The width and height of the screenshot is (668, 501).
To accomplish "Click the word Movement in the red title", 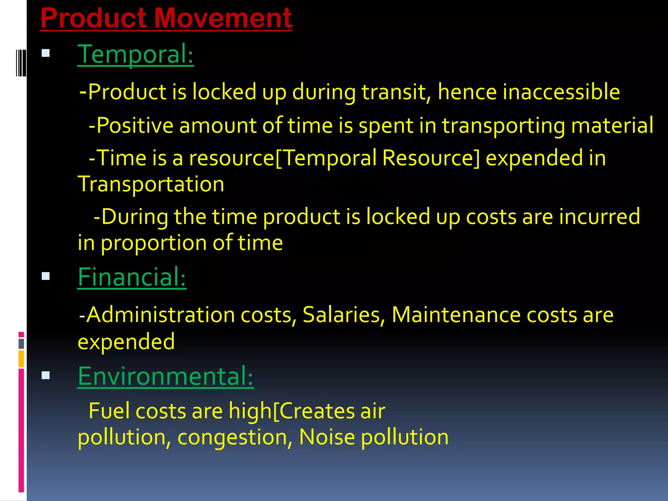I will pyautogui.click(x=223, y=18).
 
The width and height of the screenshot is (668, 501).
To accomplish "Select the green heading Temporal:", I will pyautogui.click(x=135, y=54).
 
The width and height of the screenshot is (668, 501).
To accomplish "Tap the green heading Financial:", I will pyautogui.click(x=132, y=277).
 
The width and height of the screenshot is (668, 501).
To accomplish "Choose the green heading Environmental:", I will pyautogui.click(x=165, y=376).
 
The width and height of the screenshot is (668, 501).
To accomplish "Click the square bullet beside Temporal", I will pyautogui.click(x=46, y=53).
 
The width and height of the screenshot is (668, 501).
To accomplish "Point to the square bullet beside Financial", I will pyautogui.click(x=46, y=276).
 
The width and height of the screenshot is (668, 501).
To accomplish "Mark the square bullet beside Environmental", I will pyautogui.click(x=46, y=375).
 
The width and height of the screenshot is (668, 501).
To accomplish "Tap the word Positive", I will pyautogui.click(x=135, y=125).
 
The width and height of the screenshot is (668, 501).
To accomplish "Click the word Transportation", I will pyautogui.click(x=151, y=184).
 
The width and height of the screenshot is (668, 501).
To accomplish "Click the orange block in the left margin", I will pyautogui.click(x=21, y=359).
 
